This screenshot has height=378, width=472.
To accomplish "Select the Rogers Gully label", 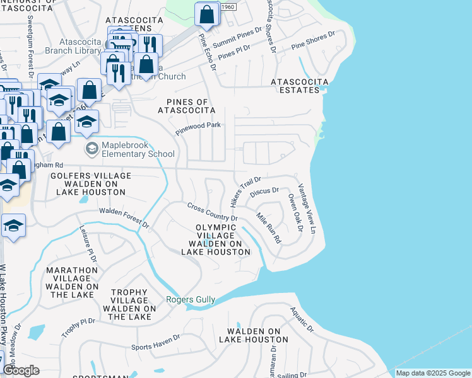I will (x=191, y=300).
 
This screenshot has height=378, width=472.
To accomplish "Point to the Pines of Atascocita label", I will (x=187, y=106).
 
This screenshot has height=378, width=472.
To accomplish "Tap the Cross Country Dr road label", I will (x=211, y=212).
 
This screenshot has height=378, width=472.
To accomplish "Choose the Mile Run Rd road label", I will (x=268, y=228).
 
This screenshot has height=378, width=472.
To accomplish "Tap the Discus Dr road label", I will (x=264, y=190).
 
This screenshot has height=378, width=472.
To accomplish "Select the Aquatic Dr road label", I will (x=302, y=319).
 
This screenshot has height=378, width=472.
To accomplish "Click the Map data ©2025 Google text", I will (x=432, y=373).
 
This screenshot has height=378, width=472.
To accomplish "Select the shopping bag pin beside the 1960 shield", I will (x=207, y=14).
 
